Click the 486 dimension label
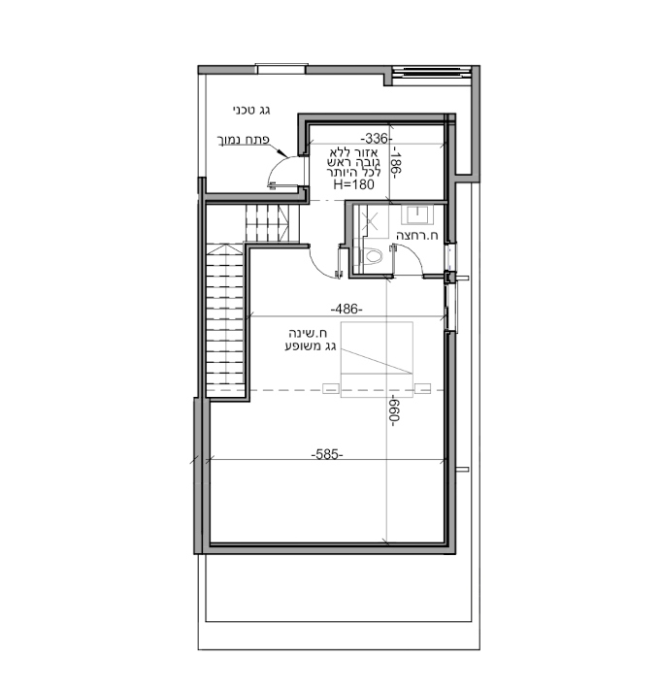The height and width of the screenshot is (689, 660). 346,310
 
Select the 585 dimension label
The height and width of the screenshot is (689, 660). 327,454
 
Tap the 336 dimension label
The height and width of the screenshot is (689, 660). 377,139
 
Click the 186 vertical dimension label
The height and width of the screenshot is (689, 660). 395,163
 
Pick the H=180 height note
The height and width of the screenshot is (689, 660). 354,184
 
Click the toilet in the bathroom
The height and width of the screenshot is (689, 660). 371,256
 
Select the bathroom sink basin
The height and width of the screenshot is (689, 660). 417,214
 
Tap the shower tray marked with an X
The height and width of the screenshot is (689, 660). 372,221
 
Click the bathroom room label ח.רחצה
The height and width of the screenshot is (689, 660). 417,236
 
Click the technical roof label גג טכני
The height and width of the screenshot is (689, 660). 251,111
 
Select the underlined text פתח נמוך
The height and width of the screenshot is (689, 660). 245,140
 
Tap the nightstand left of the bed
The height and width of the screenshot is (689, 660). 330,389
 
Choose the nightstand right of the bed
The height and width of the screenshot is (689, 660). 423,389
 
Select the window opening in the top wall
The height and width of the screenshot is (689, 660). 280,69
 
